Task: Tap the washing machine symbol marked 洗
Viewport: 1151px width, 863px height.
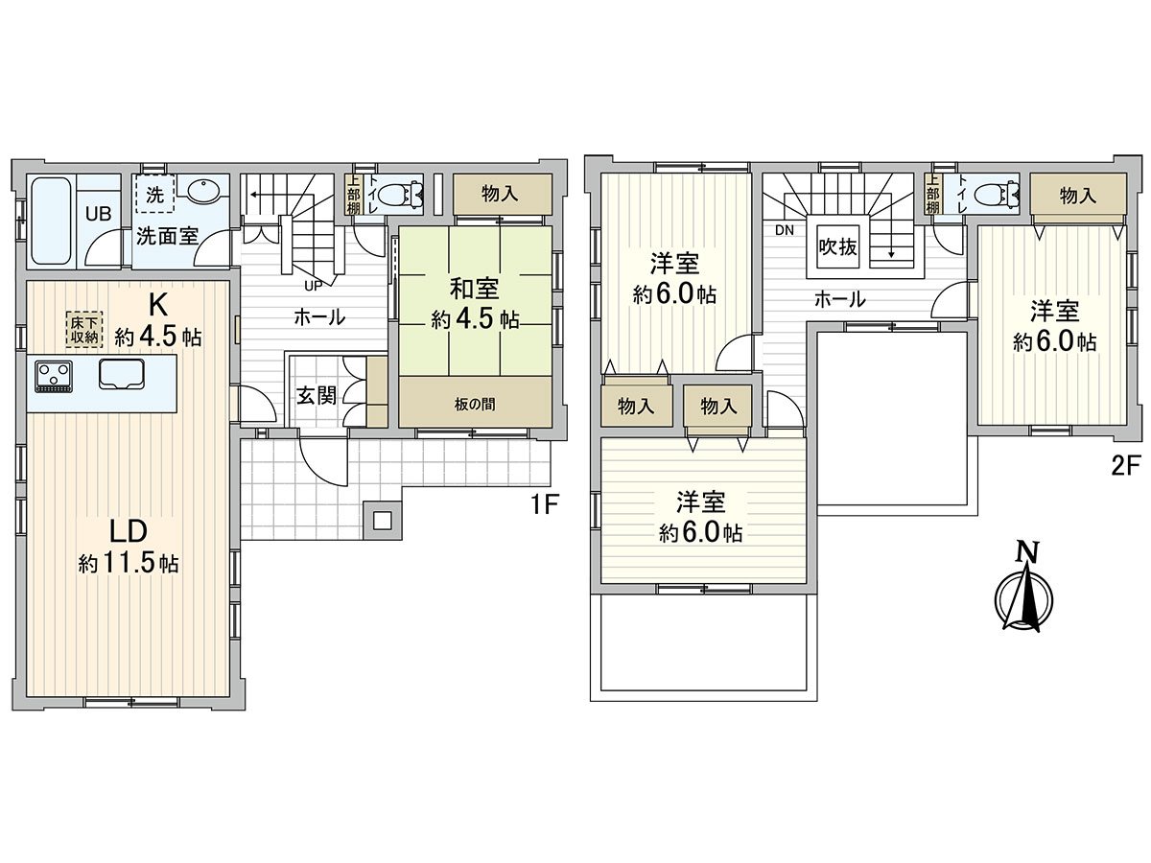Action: point(154,193)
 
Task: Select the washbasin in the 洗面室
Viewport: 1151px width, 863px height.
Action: point(203,192)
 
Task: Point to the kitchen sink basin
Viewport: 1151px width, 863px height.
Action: point(121,374)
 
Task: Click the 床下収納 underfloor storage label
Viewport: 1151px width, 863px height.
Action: point(83,328)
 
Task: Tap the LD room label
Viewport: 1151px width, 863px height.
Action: point(127,530)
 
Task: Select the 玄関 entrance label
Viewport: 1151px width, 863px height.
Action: point(315,395)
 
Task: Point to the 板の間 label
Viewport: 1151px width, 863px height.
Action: point(475,404)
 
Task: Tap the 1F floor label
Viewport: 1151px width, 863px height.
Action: point(543,504)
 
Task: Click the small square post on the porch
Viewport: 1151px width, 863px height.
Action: point(382,521)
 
